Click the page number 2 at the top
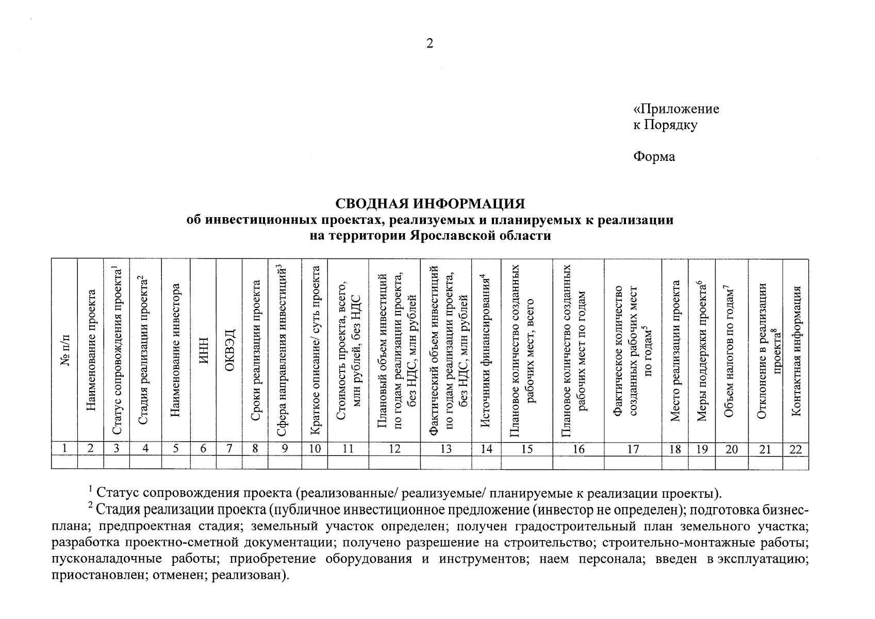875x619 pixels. (x=430, y=44)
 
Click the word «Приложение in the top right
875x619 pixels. (x=676, y=109)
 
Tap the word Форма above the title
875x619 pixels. (x=654, y=156)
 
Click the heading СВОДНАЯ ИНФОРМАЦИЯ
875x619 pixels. (x=430, y=203)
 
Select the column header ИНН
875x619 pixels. (x=204, y=351)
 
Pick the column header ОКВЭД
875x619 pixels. (x=229, y=350)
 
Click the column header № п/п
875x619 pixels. (x=65, y=351)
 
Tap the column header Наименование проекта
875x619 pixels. (x=91, y=351)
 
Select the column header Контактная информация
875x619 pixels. (x=796, y=351)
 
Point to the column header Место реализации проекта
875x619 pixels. (x=675, y=351)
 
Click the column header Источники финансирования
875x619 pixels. (x=486, y=351)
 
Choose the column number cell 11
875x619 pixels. (x=348, y=449)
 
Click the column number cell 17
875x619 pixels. (x=633, y=449)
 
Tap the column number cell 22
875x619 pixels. (x=796, y=449)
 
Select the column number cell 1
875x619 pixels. (x=64, y=449)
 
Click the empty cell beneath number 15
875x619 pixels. (x=526, y=462)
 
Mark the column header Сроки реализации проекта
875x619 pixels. (x=255, y=351)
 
